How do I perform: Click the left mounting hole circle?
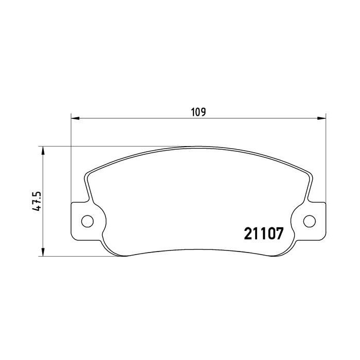pos(87,222)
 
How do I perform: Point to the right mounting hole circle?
pos(309,222)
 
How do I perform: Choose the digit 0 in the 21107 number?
pos(269,234)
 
